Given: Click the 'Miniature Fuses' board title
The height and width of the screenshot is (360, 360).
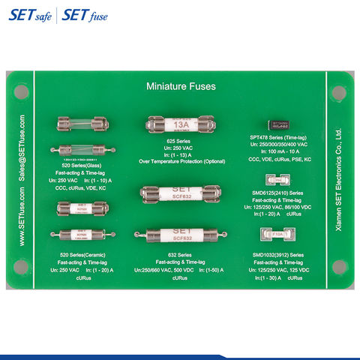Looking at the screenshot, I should pos(180,86).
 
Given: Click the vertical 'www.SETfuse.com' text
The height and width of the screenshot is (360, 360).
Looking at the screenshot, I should pos(22,217).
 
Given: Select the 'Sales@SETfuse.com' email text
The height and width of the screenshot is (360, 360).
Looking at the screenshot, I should pos(22,147).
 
